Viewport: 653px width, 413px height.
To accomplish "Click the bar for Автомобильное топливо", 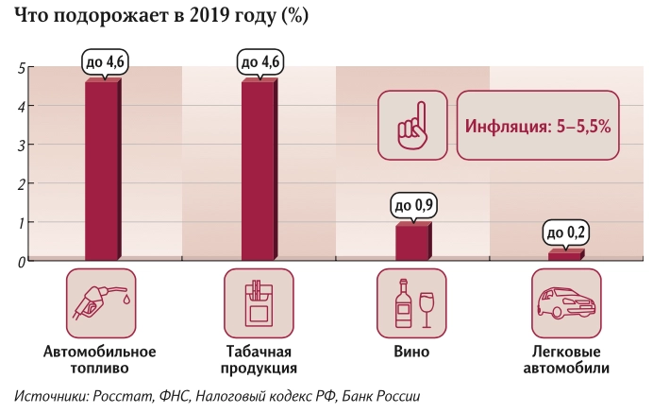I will (x=102, y=170).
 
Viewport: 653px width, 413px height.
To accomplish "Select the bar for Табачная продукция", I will (x=258, y=170).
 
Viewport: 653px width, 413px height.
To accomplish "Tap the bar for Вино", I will (x=413, y=242).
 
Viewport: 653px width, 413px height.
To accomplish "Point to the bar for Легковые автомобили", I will (x=566, y=255).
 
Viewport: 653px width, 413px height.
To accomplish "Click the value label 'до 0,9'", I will (x=413, y=205).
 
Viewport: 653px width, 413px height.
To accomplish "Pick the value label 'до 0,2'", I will (x=566, y=232).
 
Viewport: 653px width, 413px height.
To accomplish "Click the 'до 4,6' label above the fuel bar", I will (x=102, y=62).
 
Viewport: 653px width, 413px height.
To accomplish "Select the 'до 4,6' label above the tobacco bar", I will (x=258, y=62).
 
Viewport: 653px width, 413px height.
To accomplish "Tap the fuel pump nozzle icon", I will (x=101, y=302).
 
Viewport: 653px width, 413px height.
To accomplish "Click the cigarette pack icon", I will (x=257, y=302).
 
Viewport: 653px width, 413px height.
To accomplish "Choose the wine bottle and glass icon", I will (x=411, y=302).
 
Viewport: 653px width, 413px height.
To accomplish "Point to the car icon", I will (x=566, y=302).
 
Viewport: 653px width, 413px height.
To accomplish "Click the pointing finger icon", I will (x=413, y=124).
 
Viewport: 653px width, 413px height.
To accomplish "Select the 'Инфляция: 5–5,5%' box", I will (x=538, y=124).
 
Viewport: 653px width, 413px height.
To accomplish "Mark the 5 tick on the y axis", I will (x=21, y=68).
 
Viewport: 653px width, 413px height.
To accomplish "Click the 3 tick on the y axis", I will (x=21, y=146).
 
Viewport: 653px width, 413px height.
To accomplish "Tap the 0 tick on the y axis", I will (x=21, y=262).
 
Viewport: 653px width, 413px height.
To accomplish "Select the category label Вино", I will (x=411, y=352).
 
